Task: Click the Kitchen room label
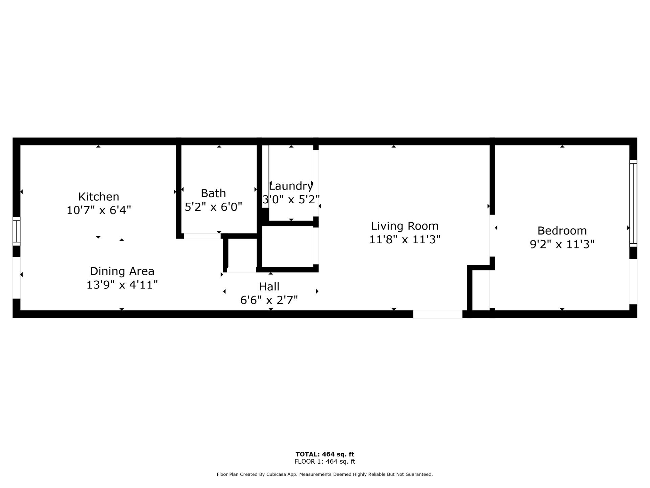click(x=99, y=197)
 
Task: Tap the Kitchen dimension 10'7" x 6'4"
click(x=99, y=210)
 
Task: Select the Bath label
click(x=213, y=193)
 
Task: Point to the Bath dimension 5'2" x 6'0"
click(x=213, y=207)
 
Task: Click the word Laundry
click(x=291, y=186)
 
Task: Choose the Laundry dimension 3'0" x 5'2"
click(x=291, y=199)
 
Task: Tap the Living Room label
click(x=405, y=226)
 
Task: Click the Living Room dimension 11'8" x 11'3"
click(x=405, y=240)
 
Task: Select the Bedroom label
click(x=562, y=231)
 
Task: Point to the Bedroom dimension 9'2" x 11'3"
click(x=562, y=244)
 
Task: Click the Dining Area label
click(x=122, y=271)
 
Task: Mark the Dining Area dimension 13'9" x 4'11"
click(x=122, y=285)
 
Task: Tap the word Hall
click(x=269, y=287)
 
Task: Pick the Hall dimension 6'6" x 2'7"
click(x=269, y=300)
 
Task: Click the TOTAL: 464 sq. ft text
click(x=325, y=454)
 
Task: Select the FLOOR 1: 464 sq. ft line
click(x=325, y=461)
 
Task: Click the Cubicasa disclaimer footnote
click(x=325, y=474)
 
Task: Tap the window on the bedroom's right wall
click(x=633, y=203)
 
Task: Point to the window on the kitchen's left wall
click(x=17, y=231)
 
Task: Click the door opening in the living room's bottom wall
click(x=438, y=314)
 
